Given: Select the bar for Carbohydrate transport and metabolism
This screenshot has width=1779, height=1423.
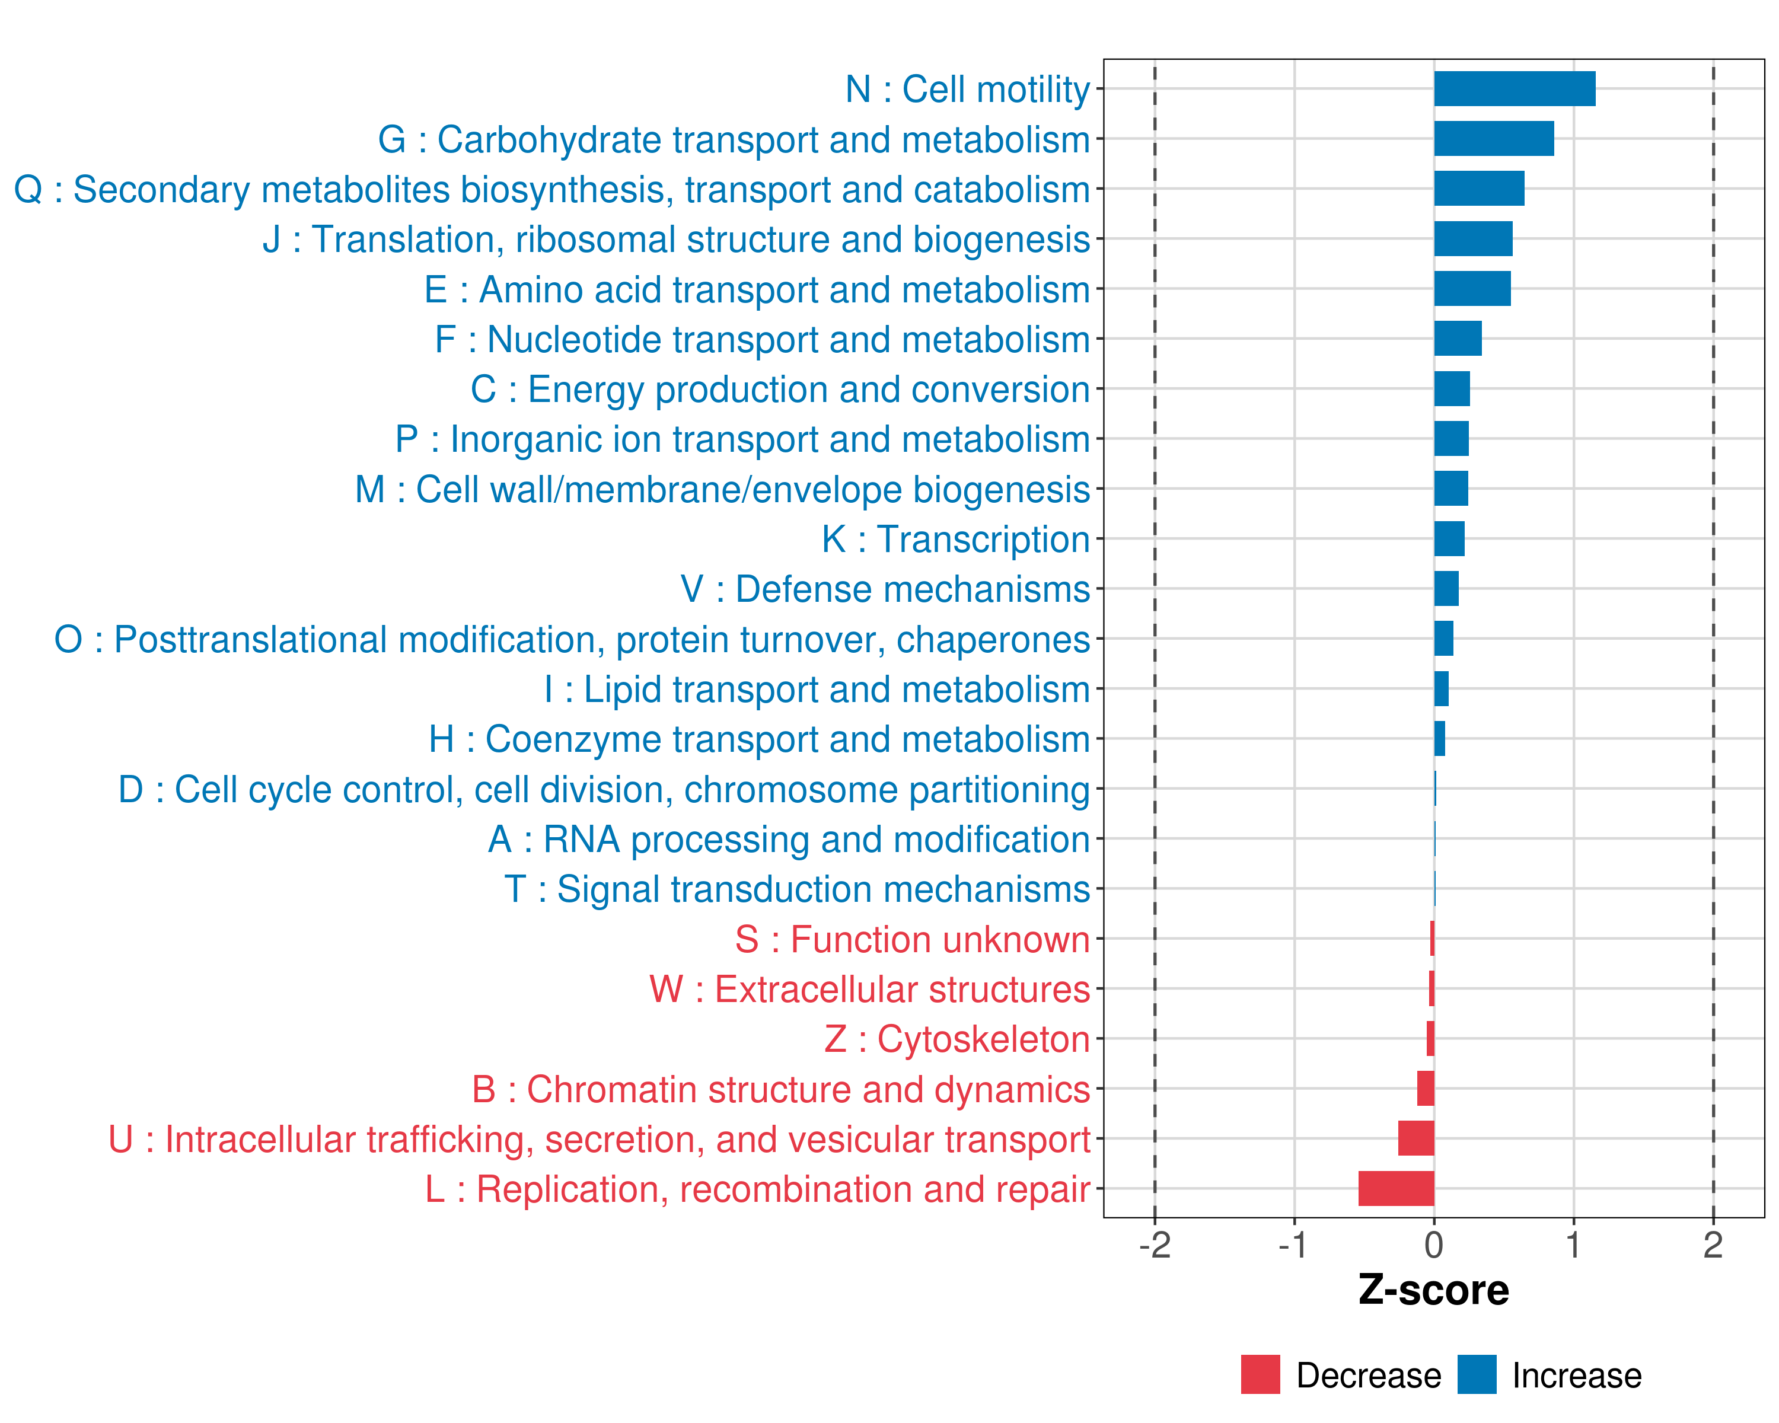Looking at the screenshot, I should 1494,139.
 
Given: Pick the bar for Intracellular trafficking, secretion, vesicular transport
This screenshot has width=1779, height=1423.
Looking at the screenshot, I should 1416,1138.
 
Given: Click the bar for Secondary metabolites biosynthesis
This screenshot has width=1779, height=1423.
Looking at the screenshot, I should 1479,189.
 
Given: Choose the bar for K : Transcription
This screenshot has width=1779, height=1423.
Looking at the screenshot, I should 1449,539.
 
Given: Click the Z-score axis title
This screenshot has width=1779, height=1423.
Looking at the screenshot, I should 1433,1290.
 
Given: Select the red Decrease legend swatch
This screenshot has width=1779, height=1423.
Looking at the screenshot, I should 1260,1374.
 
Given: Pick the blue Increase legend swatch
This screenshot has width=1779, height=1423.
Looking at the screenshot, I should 1476,1374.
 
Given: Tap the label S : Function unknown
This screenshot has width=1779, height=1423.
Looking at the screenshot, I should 912,940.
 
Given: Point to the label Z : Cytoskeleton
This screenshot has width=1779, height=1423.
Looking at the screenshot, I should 957,1039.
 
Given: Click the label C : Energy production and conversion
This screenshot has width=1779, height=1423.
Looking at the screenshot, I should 780,390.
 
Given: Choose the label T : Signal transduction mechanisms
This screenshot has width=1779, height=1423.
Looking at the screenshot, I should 797,889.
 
